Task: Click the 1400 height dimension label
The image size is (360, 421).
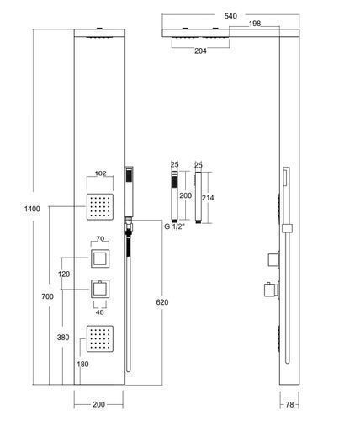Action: click(32, 209)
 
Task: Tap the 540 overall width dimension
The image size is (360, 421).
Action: click(230, 16)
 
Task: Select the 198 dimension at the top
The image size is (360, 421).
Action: click(255, 24)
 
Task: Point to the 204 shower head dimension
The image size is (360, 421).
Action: click(200, 51)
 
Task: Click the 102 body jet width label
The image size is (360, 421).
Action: click(100, 173)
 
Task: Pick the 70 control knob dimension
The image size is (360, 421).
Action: click(100, 239)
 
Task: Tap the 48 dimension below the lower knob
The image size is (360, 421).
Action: click(100, 312)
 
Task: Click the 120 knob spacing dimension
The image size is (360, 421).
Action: click(64, 274)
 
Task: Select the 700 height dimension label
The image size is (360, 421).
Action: click(47, 296)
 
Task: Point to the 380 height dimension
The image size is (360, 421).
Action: click(63, 338)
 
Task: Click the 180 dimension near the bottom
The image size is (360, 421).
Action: click(82, 365)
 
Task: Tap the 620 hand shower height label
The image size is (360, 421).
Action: click(162, 302)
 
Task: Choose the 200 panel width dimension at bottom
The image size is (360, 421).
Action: click(98, 404)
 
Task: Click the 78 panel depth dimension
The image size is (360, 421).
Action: click(289, 404)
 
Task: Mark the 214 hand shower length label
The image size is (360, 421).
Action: click(208, 198)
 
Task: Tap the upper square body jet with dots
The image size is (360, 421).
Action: click(100, 207)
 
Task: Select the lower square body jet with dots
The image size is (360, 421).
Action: click(100, 338)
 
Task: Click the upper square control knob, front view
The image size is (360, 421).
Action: click(100, 258)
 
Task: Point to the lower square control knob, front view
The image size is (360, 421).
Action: click(100, 289)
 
